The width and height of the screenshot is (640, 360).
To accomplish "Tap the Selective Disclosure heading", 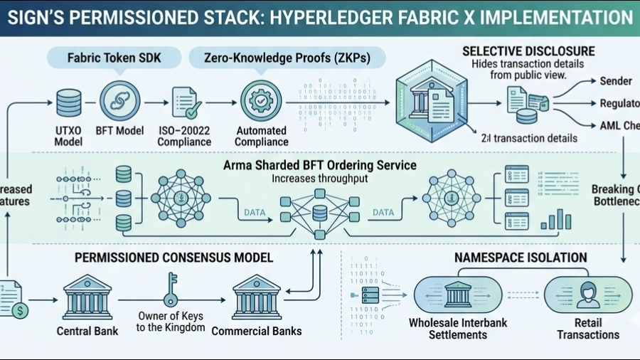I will [528, 51].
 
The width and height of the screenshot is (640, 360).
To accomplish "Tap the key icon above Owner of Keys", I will [171, 287].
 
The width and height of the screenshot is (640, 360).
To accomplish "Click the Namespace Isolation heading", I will [522, 258].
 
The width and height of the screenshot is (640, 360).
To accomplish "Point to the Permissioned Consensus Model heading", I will [174, 257].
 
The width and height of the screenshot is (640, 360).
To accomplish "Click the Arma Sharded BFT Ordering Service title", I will [320, 165].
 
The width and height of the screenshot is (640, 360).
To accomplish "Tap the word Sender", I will [616, 81].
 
